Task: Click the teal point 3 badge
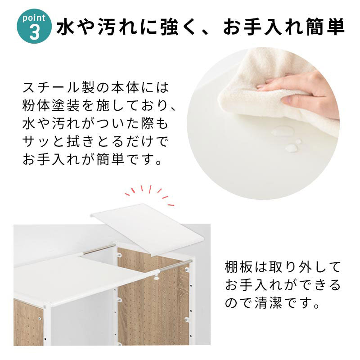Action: click(34, 26)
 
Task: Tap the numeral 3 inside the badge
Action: click(35, 32)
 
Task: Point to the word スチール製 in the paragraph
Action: click(58, 87)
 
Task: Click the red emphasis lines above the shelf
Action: click(149, 194)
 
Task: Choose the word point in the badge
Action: click(34, 18)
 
